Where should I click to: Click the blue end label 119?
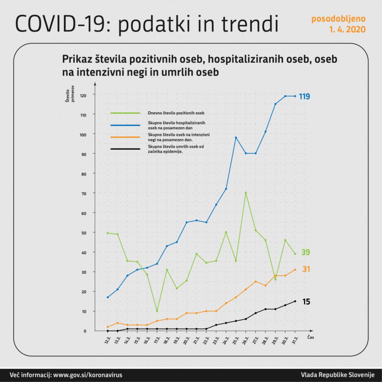[304, 96]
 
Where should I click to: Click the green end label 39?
[306, 252]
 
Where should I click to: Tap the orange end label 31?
[306, 269]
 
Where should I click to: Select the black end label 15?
[306, 301]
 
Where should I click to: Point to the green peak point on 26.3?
[246, 193]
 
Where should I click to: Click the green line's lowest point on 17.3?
[157, 311]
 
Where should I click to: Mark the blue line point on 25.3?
[236, 138]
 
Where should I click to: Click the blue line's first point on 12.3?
[108, 297]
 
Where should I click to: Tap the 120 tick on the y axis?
[83, 95]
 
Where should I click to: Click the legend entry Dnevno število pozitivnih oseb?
[176, 113]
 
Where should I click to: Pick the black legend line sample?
[125, 149]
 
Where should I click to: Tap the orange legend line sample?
[125, 137]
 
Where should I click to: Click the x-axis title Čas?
[310, 337]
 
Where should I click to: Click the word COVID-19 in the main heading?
[60, 24]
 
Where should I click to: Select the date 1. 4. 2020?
[347, 30]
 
